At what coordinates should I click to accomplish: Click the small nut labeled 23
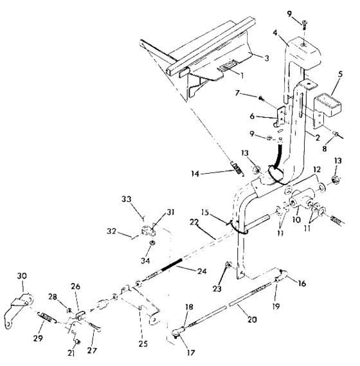228,266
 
